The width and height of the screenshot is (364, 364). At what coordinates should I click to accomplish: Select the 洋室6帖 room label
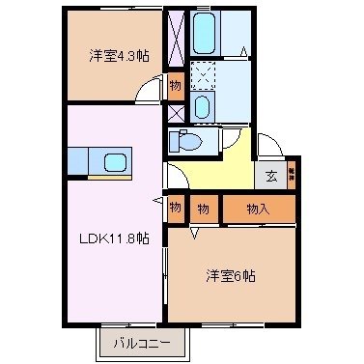tap(229, 275)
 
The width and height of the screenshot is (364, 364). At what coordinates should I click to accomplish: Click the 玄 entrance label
tap(271, 176)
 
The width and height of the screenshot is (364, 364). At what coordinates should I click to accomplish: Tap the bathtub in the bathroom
tap(205, 33)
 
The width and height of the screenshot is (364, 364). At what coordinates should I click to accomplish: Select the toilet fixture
tap(185, 141)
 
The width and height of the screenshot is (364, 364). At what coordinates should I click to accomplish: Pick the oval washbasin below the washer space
tap(203, 106)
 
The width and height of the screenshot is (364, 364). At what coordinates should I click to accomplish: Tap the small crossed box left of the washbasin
tap(175, 111)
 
